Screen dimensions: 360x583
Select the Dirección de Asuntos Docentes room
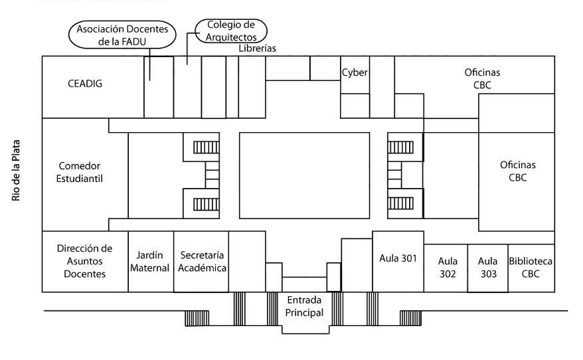[85, 261]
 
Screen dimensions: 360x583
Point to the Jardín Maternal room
[151, 261]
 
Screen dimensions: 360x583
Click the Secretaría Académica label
[201, 262]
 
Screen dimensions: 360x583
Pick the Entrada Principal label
[305, 306]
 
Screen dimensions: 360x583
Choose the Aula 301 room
[398, 258]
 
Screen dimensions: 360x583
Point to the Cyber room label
[355, 72]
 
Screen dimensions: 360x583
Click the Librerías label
[257, 48]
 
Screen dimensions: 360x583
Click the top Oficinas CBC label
[482, 78]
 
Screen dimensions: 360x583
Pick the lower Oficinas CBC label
[518, 171]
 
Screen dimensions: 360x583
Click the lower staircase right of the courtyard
[401, 203]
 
